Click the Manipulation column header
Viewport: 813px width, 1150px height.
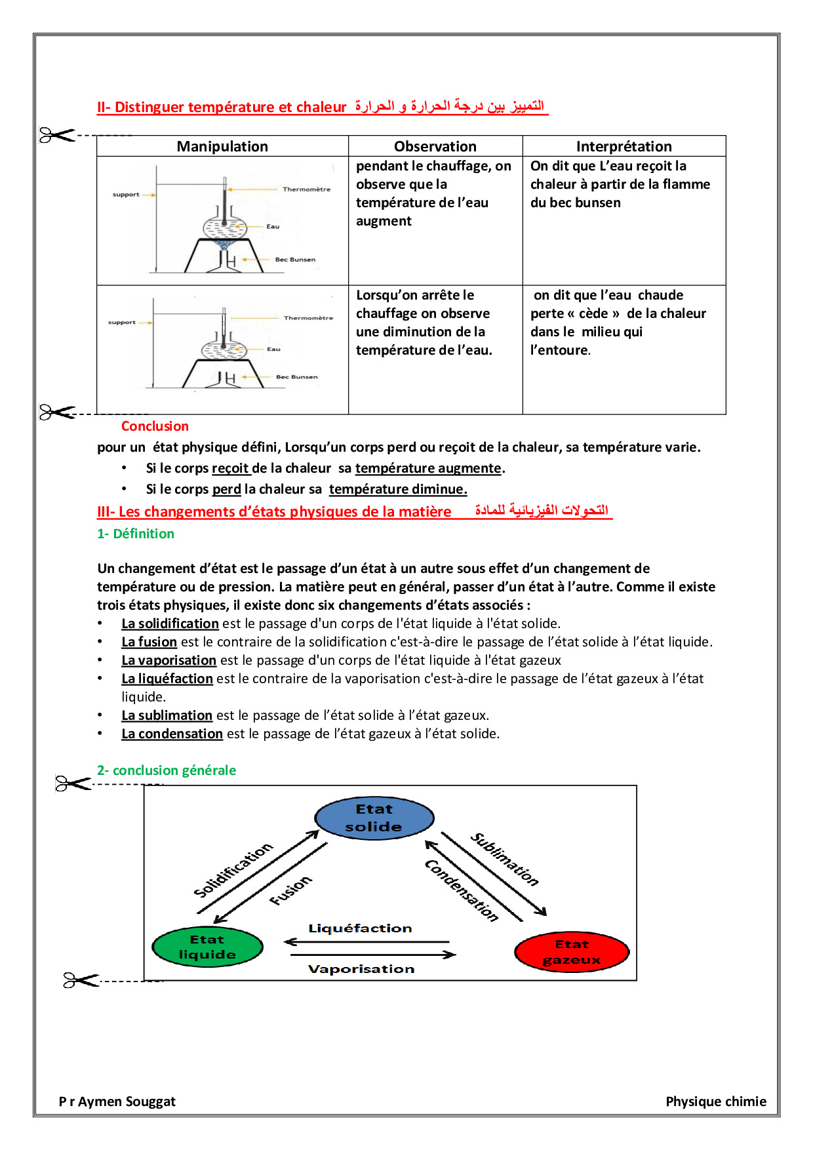coord(222,146)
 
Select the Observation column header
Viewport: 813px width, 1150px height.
coord(435,146)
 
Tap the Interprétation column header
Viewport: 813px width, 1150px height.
coord(624,146)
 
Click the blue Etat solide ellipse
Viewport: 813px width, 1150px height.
coord(374,818)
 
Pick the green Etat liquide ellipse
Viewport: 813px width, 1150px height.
coord(207,947)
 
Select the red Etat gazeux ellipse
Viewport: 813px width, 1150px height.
coord(572,952)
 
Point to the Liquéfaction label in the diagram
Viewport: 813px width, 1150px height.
coord(360,928)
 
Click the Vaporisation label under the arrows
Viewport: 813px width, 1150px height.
coord(361,969)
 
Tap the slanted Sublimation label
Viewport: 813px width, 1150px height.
coord(505,859)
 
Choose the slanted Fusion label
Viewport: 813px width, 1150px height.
coord(290,890)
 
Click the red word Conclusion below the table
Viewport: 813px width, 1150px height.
coord(155,426)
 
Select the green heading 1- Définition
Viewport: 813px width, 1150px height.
coord(136,534)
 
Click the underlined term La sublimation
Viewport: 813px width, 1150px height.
coord(167,715)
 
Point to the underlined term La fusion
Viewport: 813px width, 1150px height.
coord(149,642)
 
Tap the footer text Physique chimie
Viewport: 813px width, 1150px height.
coord(716,1101)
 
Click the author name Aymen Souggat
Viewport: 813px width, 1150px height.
coord(127,1101)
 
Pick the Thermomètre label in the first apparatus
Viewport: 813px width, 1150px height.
coord(306,189)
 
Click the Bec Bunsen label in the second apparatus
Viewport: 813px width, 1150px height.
coord(296,377)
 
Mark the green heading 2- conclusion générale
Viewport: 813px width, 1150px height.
coord(167,770)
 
